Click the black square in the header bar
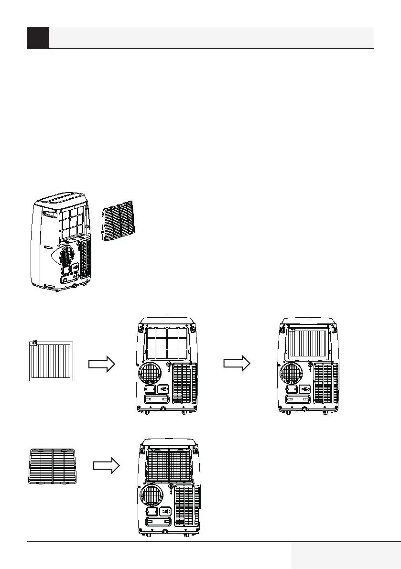(x=38, y=38)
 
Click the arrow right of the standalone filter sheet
(x=102, y=364)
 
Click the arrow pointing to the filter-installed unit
(x=237, y=364)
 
